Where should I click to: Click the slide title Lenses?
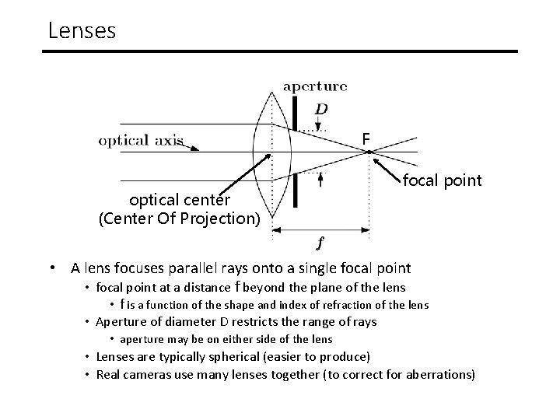coord(82,30)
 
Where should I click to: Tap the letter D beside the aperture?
coord(321,109)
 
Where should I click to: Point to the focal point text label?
coord(442,181)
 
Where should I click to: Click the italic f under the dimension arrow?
coord(320,243)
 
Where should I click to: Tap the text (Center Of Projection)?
coord(179,219)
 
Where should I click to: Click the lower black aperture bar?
coord(296,190)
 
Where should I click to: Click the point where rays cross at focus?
coord(369,152)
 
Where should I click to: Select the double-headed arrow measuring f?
coord(320,229)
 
